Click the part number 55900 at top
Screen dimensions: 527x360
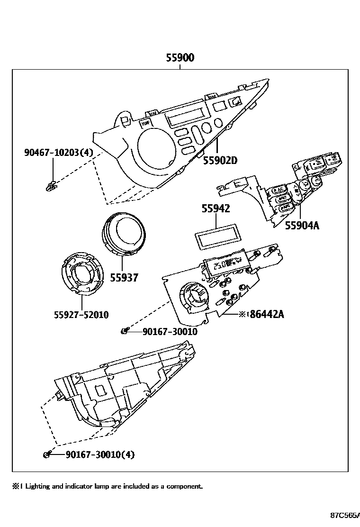[x=180, y=58]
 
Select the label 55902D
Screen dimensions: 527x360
[x=220, y=160]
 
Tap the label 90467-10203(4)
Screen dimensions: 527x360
[x=59, y=152]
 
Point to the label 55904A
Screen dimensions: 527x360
[x=302, y=226]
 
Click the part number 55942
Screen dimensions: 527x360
[x=216, y=208]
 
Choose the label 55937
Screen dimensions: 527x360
[x=124, y=278]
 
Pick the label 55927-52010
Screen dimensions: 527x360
[x=81, y=315]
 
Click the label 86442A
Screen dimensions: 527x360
[x=263, y=314]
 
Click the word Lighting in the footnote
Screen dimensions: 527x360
[x=37, y=486]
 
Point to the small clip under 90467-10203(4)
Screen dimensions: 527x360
[x=50, y=185]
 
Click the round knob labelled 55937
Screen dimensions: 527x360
[x=124, y=235]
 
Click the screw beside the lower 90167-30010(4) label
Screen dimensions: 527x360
[x=47, y=455]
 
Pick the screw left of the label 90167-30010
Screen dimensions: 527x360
[x=124, y=331]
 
